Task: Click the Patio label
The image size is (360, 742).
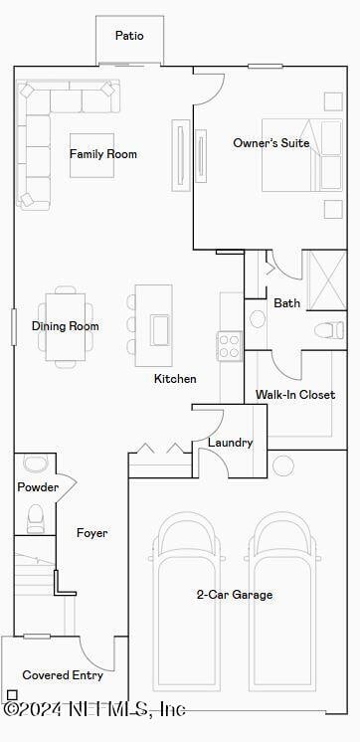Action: pyautogui.click(x=129, y=36)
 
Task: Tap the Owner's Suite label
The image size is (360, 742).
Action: pyautogui.click(x=270, y=143)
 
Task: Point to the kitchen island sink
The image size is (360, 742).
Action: pyautogui.click(x=159, y=327)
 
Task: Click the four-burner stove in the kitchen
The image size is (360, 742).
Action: pyautogui.click(x=230, y=346)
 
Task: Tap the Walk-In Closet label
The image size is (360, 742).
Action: pyautogui.click(x=295, y=395)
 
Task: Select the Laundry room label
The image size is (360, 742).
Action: pyautogui.click(x=230, y=443)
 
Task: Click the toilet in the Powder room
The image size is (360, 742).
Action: pyautogui.click(x=36, y=516)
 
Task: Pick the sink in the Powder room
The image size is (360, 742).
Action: pyautogui.click(x=35, y=464)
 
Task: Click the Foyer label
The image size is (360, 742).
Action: pyautogui.click(x=91, y=533)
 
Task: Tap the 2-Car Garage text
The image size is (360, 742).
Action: pyautogui.click(x=234, y=595)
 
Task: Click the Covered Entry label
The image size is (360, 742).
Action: pyautogui.click(x=62, y=675)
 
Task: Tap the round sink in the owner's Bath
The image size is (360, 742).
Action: pyautogui.click(x=258, y=319)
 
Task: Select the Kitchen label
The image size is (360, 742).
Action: pyautogui.click(x=175, y=379)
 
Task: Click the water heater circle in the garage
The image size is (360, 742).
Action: pyautogui.click(x=283, y=464)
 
